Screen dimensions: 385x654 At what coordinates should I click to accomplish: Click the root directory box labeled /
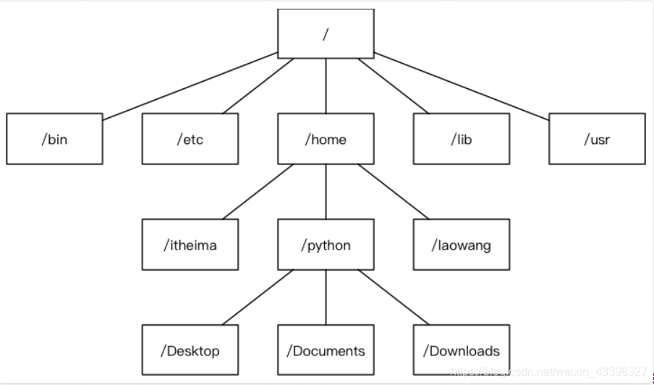click(x=326, y=33)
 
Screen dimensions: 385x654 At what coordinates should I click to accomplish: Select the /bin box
click(x=54, y=139)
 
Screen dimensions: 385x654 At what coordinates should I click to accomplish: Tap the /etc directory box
click(x=190, y=139)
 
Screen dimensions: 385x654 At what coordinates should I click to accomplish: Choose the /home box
click(x=326, y=139)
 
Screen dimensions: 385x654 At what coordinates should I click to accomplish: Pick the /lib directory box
click(x=462, y=139)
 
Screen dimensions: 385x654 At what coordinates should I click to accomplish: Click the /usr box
click(x=597, y=139)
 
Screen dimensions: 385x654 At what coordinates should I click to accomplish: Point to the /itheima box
click(x=190, y=245)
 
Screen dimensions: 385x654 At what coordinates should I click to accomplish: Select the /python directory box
click(x=326, y=245)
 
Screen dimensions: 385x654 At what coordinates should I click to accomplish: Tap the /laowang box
click(x=462, y=245)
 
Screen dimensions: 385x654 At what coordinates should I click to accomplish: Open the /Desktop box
click(x=190, y=351)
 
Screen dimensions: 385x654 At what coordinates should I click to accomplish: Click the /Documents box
click(x=326, y=351)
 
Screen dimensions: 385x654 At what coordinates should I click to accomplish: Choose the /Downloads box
click(x=462, y=351)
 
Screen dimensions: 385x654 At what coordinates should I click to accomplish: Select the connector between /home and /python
click(x=326, y=192)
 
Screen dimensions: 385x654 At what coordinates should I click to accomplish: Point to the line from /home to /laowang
click(x=394, y=192)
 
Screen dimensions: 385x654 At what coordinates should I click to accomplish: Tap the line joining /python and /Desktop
click(x=258, y=297)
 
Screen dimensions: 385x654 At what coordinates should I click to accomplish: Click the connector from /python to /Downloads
click(x=394, y=297)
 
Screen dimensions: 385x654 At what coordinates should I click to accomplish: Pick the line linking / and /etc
click(x=258, y=85)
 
